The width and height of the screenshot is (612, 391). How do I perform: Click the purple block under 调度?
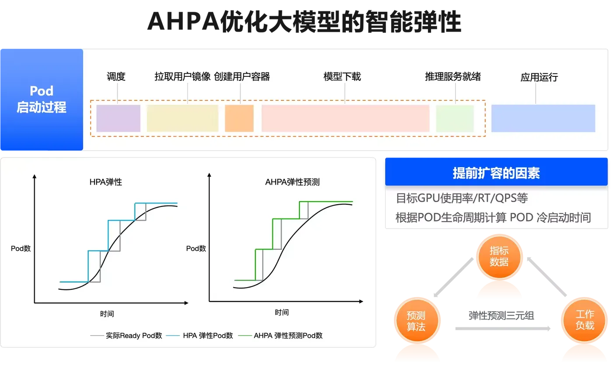tap(118, 118)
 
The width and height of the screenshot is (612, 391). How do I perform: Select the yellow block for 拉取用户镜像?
tap(183, 118)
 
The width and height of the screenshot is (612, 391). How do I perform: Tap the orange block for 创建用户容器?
tap(240, 118)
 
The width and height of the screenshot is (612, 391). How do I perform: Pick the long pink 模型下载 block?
tap(346, 118)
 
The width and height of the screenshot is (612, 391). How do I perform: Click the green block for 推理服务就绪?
tap(455, 118)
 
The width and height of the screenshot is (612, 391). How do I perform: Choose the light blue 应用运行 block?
tap(543, 118)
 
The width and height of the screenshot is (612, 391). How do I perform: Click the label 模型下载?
tap(342, 77)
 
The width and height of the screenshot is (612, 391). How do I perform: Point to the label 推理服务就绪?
tap(453, 77)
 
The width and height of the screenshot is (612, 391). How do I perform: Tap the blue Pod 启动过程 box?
tap(42, 99)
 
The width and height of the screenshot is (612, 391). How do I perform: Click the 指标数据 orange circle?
tap(499, 257)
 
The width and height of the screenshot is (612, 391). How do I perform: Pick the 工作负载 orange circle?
tap(584, 320)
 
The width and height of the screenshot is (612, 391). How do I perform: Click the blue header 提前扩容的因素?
tap(497, 172)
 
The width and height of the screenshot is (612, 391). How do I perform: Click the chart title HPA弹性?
tap(106, 182)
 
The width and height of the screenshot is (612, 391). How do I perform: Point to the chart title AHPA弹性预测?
tap(292, 182)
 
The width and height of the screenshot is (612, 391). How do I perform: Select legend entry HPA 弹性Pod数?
tap(199, 336)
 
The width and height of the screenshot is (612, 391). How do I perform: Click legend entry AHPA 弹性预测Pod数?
tap(280, 336)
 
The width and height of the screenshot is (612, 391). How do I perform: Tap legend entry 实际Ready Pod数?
tap(126, 336)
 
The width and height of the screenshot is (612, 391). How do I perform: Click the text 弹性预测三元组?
tap(501, 316)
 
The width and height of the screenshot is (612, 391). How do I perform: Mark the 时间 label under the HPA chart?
tap(107, 314)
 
